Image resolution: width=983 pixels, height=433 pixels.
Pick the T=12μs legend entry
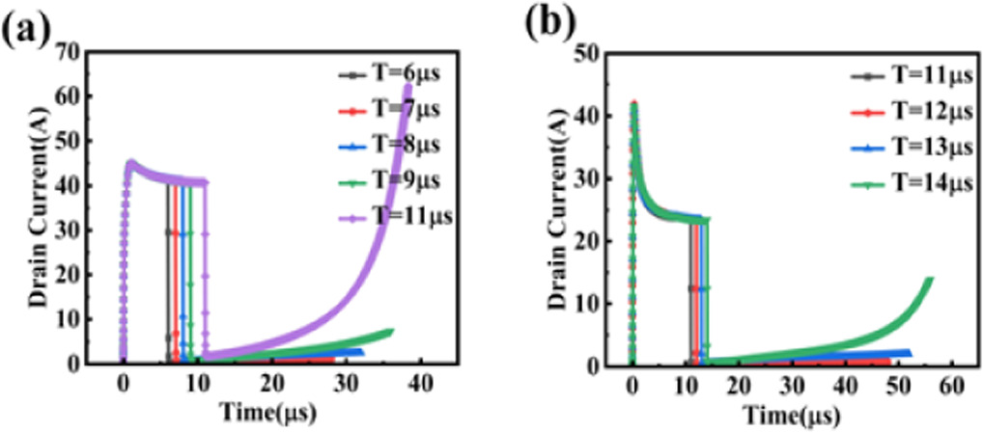907,112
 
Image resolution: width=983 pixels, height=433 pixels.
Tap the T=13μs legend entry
907,147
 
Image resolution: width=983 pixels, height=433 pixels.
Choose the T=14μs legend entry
907,183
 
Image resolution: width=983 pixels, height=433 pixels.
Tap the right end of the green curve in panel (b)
930,280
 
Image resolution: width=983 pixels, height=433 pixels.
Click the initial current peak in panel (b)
633,103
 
